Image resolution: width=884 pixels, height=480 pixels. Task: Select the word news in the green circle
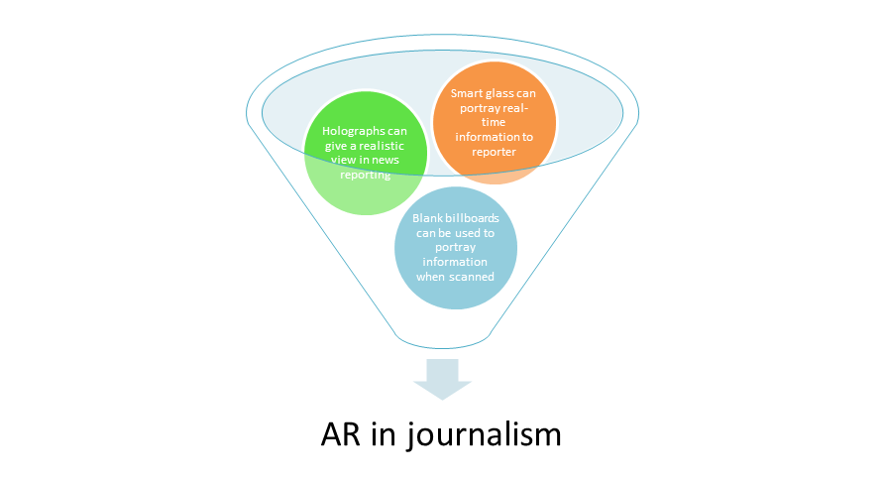pyautogui.click(x=386, y=161)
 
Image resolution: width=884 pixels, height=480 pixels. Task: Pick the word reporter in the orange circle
pyautogui.click(x=494, y=153)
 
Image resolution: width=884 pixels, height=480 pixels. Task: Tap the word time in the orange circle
pyautogui.click(x=494, y=122)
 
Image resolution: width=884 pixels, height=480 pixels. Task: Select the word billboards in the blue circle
pyautogui.click(x=473, y=218)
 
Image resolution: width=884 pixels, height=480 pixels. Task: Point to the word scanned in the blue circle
pyautogui.click(x=472, y=277)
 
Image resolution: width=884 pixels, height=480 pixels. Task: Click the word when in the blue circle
pyautogui.click(x=431, y=277)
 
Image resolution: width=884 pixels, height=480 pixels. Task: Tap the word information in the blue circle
pyautogui.click(x=455, y=262)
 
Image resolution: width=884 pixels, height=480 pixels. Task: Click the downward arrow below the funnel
pyautogui.click(x=443, y=379)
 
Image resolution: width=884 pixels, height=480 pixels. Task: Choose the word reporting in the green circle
pyautogui.click(x=366, y=176)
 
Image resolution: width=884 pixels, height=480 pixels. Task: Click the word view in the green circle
pyautogui.click(x=343, y=161)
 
